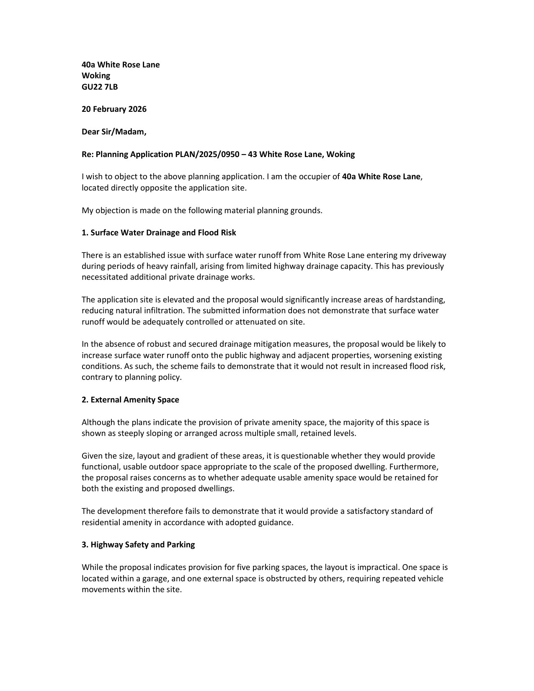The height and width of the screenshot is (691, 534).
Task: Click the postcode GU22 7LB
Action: pos(100,87)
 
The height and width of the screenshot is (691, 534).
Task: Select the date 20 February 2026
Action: pos(114,109)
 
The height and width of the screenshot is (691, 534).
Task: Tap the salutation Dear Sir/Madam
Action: pos(114,131)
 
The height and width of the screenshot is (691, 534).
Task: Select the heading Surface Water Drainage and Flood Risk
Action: pos(163,232)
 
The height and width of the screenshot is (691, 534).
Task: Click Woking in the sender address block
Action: pos(96,75)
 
